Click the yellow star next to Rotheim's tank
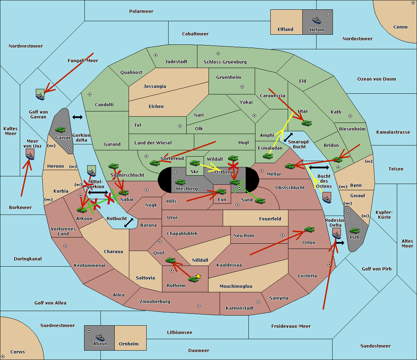pyautogui.click(x=198, y=276)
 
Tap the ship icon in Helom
pyautogui.click(x=316, y=20)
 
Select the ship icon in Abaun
pyautogui.click(x=100, y=337)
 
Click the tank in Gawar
pyautogui.click(x=60, y=130)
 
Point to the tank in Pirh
pyautogui.click(x=354, y=231)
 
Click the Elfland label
pyautogui.click(x=285, y=30)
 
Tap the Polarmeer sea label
pyautogui.click(x=141, y=11)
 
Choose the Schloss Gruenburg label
pyautogui.click(x=225, y=62)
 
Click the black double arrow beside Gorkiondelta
pyautogui.click(x=77, y=117)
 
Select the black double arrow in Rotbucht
pyautogui.click(x=129, y=223)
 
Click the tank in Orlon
pyautogui.click(x=309, y=229)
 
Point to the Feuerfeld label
pyautogui.click(x=270, y=219)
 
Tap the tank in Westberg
pyautogui.click(x=180, y=182)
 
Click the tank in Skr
pyautogui.click(x=195, y=163)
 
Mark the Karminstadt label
pyautogui.click(x=240, y=308)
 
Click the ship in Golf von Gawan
pyautogui.click(x=40, y=96)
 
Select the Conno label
pyautogui.click(x=400, y=27)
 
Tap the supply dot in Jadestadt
pyautogui.click(x=156, y=55)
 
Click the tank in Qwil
pyautogui.click(x=170, y=260)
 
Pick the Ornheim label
pyautogui.click(x=129, y=344)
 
